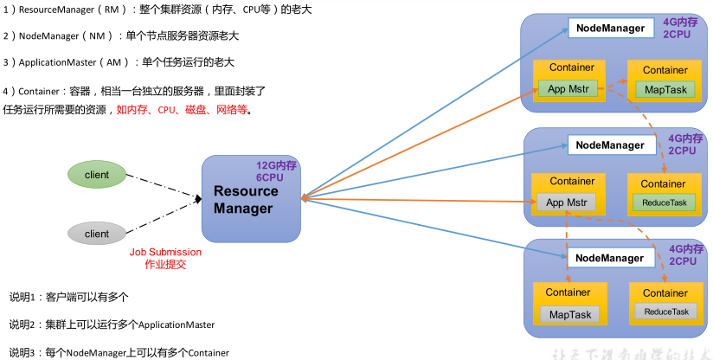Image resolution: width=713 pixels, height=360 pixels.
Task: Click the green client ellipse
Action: (x=97, y=175)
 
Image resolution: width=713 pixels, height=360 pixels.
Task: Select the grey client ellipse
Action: (x=97, y=234)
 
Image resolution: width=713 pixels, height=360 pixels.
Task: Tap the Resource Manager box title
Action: (x=246, y=199)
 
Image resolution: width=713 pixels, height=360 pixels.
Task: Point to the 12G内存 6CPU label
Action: (x=277, y=170)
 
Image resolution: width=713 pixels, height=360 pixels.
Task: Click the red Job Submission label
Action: (x=165, y=258)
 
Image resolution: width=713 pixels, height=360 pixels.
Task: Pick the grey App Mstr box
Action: (x=567, y=202)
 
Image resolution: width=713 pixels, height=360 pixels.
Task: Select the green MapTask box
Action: (x=665, y=89)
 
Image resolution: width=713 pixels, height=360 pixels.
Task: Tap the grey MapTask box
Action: (x=570, y=314)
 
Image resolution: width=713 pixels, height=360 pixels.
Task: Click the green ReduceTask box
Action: (x=665, y=202)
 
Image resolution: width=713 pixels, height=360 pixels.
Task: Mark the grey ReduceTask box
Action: (x=665, y=312)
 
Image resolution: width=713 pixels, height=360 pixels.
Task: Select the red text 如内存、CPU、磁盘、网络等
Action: (x=182, y=110)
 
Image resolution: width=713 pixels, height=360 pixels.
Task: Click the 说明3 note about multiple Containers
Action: (x=119, y=352)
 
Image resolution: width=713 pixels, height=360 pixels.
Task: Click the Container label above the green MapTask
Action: (x=665, y=70)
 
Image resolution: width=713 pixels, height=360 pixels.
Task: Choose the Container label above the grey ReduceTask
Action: (x=665, y=293)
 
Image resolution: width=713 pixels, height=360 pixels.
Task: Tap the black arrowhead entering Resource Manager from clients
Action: (x=198, y=200)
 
